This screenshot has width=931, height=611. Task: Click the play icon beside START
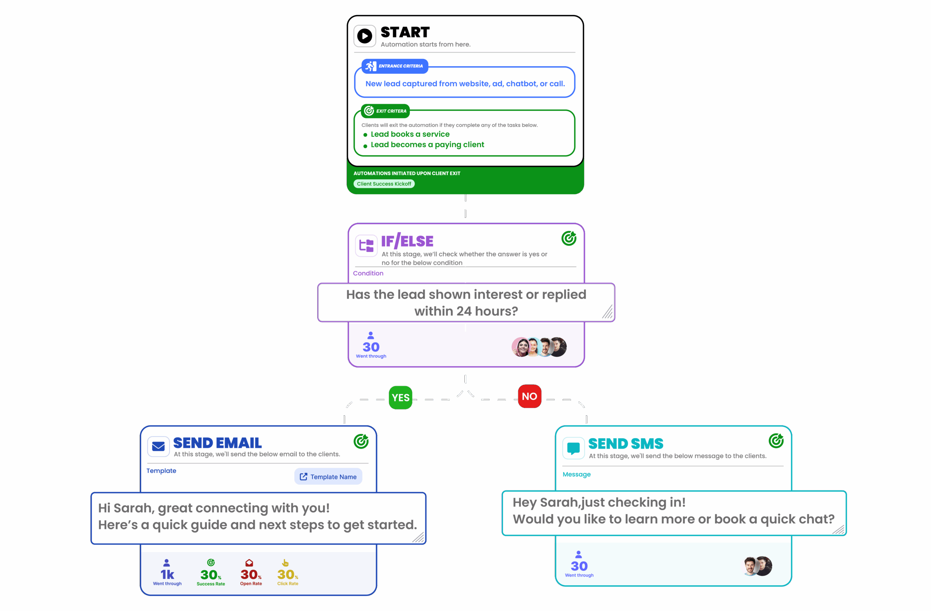point(364,36)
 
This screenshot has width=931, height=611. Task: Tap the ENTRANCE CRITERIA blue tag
point(395,66)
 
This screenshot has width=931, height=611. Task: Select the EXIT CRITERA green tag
point(385,111)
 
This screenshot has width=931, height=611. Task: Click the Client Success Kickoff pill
point(384,184)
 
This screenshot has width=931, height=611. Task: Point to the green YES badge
point(400,398)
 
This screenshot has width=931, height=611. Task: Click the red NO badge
point(529,396)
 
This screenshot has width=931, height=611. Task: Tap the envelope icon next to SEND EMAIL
point(159,446)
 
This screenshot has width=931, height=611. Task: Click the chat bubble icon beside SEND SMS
point(574,448)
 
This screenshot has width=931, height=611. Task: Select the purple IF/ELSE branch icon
point(366,245)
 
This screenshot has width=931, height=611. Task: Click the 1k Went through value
point(167,574)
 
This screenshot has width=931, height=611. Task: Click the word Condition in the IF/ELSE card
point(368,273)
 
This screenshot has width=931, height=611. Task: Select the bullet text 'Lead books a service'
point(410,134)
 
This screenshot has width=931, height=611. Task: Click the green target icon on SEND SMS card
point(776,441)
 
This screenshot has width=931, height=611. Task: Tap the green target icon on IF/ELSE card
point(569,238)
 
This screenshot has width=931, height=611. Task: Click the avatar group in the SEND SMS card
point(758,566)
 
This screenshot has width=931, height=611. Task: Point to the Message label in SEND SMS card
point(576,474)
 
